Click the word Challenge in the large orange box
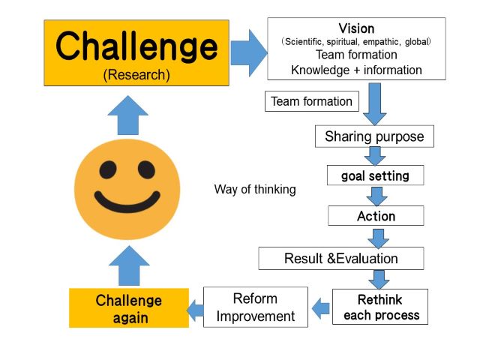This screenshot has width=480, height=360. click(136, 46)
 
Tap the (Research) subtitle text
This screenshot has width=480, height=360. click(136, 75)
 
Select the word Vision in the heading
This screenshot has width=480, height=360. click(356, 28)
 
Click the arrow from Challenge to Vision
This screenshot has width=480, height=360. click(249, 53)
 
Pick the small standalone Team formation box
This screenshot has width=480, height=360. click(312, 101)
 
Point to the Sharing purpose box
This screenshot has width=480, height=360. click(374, 136)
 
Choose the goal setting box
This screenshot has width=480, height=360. click(375, 175)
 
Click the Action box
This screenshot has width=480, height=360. click(376, 216)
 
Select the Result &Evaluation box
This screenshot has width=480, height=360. click(341, 258)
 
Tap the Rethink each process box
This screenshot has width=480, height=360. click(380, 307)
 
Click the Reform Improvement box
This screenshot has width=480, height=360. click(256, 307)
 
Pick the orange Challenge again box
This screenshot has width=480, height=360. click(129, 308)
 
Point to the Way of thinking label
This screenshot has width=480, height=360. click(255, 190)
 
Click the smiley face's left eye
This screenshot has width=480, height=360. click(108, 170)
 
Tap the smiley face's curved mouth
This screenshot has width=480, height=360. click(127, 202)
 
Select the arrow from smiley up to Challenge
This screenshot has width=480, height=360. click(128, 115)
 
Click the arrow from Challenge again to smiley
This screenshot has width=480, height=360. click(129, 265)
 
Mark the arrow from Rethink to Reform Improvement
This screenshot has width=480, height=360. click(320, 308)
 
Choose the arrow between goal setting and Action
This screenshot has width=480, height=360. click(376, 196)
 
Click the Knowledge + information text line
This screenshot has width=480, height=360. click(356, 70)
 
